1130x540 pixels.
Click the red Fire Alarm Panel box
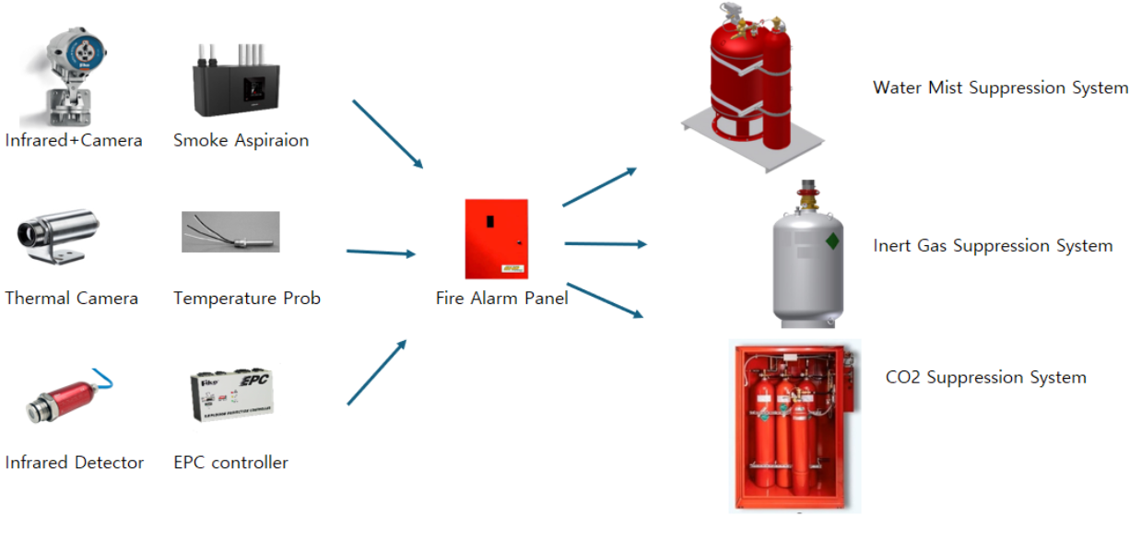coord(496,239)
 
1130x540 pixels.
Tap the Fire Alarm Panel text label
coord(501,299)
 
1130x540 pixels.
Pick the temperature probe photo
coord(230,233)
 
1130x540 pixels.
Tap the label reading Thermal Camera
coord(72,299)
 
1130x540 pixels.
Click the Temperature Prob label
coord(247,299)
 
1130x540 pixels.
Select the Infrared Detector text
coord(75,463)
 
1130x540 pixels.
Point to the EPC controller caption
coord(230,463)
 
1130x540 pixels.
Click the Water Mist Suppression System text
coord(1000,88)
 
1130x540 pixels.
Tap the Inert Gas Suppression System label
coord(993,246)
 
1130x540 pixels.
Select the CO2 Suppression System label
coord(985,378)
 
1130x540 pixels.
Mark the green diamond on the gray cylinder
coord(832,241)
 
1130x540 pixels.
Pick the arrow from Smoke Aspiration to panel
coord(387,135)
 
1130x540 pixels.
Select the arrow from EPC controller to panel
coord(377,372)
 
